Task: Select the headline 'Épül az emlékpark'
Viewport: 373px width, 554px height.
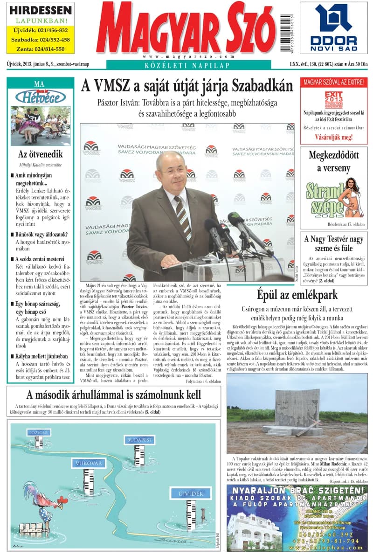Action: coord(297,295)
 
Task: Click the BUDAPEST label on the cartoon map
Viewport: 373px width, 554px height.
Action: coord(139,440)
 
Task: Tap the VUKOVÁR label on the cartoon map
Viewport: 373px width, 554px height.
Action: coord(87,463)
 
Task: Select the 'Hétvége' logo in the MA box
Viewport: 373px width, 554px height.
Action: coord(40,97)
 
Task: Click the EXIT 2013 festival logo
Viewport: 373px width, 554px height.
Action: coord(333,100)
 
